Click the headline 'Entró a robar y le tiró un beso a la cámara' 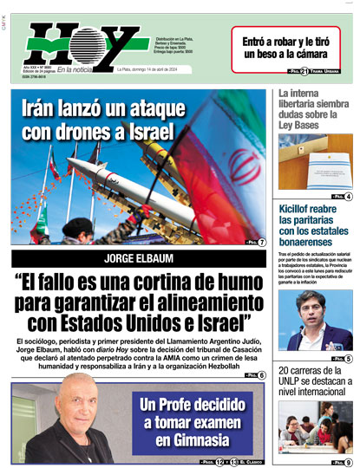click(x=291, y=48)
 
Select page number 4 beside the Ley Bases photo click(x=348, y=197)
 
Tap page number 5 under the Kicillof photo click(x=348, y=358)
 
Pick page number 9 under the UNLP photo click(x=348, y=463)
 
